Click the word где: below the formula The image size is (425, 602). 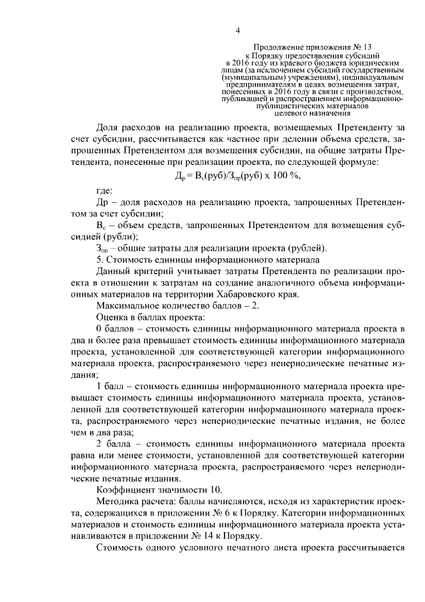(x=105, y=192)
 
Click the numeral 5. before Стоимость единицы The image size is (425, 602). (x=100, y=260)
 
